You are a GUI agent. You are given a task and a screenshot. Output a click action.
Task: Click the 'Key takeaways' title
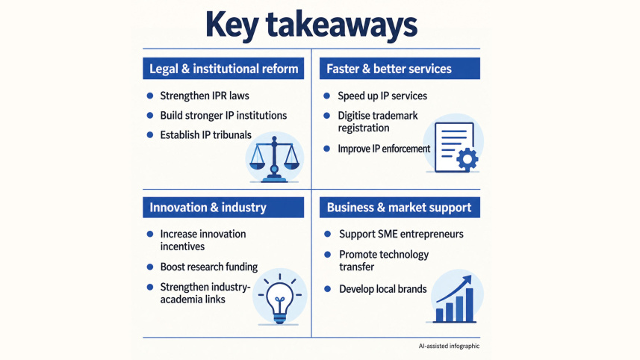[311, 25]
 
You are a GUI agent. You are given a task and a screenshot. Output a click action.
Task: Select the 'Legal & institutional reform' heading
[224, 69]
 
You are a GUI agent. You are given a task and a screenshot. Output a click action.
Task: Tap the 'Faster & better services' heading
[389, 69]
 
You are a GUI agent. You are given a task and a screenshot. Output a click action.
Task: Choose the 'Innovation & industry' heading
[208, 208]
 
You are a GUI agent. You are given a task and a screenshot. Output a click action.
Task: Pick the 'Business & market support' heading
[400, 208]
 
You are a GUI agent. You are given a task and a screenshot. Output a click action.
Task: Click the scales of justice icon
[274, 159]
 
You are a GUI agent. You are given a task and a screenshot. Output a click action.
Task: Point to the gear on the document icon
[467, 159]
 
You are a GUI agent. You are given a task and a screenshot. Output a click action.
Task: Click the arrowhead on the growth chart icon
[466, 281]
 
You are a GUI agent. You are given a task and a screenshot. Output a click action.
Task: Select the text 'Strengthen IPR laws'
[205, 96]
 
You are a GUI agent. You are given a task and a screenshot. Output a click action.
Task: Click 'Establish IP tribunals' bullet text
[205, 134]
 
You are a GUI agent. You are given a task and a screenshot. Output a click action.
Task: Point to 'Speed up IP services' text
[382, 96]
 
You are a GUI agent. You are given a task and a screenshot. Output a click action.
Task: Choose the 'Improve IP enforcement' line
[384, 149]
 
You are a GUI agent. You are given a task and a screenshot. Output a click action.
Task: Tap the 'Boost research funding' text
[209, 267]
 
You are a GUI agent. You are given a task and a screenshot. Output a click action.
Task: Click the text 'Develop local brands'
[383, 288]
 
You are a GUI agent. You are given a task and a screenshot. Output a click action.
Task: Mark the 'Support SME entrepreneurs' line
[401, 234]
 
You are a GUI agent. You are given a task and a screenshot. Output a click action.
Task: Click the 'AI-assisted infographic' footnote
[449, 346]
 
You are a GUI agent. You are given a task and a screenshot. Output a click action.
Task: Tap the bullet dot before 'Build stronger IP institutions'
[150, 116]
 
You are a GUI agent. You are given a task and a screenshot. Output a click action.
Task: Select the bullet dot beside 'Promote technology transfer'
[327, 254]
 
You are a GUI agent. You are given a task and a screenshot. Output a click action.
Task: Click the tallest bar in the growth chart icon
[470, 305]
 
